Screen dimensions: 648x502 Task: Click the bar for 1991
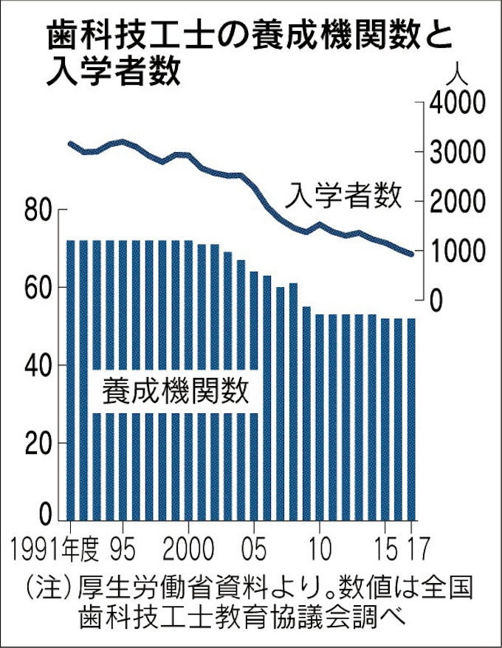[72, 380]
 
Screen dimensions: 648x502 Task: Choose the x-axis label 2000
[190, 551]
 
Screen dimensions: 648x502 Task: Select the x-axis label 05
[253, 551]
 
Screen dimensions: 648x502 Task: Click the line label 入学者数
[345, 195]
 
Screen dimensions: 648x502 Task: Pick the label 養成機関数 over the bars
[175, 390]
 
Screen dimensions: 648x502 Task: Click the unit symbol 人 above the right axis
[458, 75]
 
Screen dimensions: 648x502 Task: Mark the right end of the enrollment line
[412, 255]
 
